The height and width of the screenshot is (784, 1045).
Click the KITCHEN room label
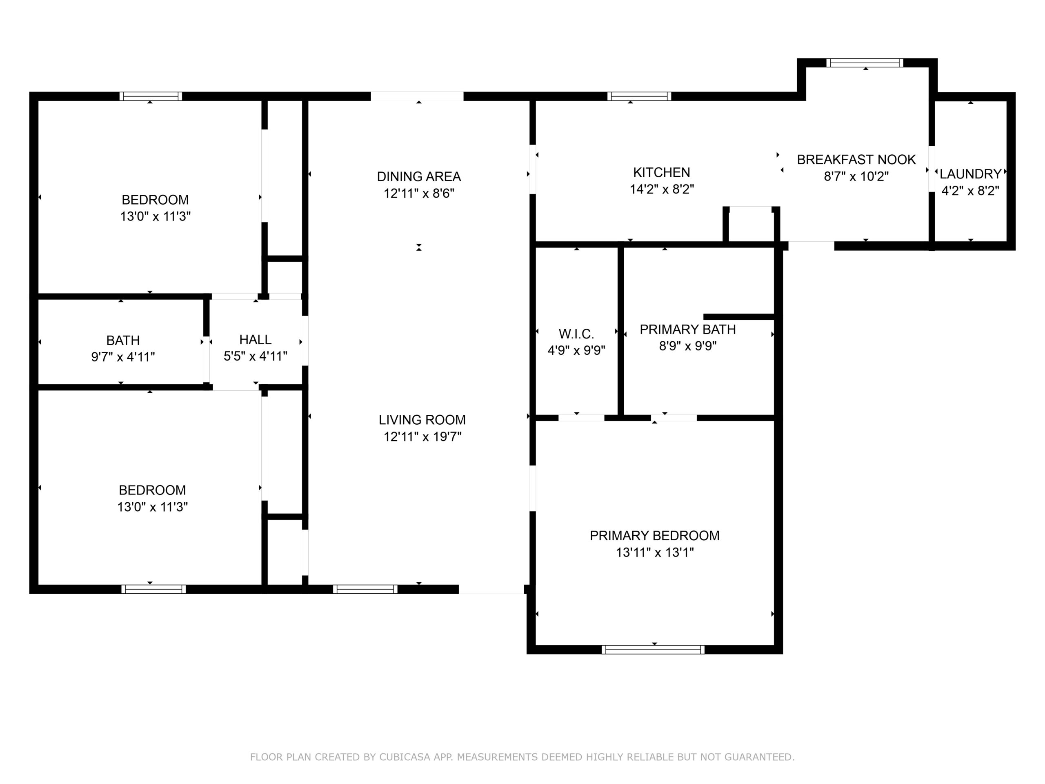coord(661,172)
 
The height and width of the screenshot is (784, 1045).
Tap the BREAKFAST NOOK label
coord(856,160)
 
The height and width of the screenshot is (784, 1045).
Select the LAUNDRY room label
coord(970,174)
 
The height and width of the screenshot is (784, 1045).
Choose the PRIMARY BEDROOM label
coord(654,535)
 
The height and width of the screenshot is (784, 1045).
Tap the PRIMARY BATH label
coord(687,330)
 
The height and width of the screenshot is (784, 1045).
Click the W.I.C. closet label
coord(576,334)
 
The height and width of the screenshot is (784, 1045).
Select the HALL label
coord(255,340)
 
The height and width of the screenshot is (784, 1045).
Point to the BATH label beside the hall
coord(123,340)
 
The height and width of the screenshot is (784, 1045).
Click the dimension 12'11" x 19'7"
coord(422,437)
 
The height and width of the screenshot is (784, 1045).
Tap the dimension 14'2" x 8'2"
coord(661,189)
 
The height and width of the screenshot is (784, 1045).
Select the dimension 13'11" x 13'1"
coord(654,552)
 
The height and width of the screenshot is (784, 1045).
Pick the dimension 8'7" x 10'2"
coord(856,177)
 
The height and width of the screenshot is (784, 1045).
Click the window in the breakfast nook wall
coord(865,63)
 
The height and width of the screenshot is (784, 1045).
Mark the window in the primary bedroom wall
coord(653,650)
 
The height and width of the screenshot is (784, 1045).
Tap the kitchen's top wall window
coord(639,96)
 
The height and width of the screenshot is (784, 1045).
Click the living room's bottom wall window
coord(365,589)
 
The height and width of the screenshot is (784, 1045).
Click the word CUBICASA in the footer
coord(405,757)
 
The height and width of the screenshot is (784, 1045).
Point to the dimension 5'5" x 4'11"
coord(255,356)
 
